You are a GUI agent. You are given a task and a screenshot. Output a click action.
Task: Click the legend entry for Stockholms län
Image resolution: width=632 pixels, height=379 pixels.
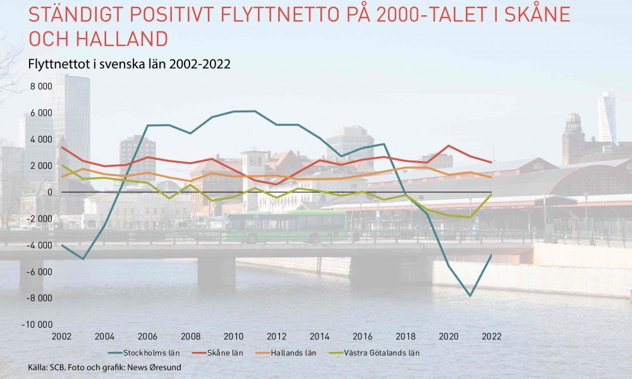pos(144,353)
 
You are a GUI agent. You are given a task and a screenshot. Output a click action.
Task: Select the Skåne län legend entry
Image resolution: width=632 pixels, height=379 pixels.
pos(218,353)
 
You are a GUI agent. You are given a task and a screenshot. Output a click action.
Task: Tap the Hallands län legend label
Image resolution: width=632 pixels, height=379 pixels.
pos(286,353)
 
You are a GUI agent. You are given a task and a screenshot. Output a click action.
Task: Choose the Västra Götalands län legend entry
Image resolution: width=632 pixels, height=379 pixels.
pos(374,353)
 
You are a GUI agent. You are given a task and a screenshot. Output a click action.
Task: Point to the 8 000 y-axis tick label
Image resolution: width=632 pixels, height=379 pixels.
pos(41,86)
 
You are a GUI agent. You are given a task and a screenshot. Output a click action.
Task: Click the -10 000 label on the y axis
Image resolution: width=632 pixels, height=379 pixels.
pos(37,324)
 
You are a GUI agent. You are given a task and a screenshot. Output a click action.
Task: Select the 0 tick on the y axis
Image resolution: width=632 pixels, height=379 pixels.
pos(50,192)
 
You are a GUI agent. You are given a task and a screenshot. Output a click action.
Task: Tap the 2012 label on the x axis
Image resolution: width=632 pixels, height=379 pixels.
pos(277,336)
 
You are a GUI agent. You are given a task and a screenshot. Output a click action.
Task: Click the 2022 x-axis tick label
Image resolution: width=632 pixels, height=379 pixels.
pos(492,336)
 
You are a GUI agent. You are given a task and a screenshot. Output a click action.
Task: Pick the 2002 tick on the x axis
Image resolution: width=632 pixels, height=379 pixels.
pos(62,336)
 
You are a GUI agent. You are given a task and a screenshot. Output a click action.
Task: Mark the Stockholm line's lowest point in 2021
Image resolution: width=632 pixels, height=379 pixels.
pos(470,296)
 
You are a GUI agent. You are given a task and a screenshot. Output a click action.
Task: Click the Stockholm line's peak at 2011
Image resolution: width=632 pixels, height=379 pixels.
pos(255,111)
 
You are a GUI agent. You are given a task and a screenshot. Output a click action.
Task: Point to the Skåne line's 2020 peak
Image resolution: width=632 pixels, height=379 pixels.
pos(449,146)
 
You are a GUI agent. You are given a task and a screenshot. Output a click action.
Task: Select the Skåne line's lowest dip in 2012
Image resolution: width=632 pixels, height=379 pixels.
pos(277,184)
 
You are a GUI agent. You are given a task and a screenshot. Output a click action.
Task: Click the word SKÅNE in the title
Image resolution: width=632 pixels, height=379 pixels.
pos(537,14)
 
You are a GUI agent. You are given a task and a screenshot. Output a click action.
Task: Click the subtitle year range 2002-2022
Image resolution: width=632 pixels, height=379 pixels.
pos(200,64)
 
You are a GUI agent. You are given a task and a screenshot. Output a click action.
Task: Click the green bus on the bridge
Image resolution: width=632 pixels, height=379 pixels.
pos(284,226)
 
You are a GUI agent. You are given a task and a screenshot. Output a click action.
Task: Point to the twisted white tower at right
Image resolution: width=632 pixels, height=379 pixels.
pos(607,117)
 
